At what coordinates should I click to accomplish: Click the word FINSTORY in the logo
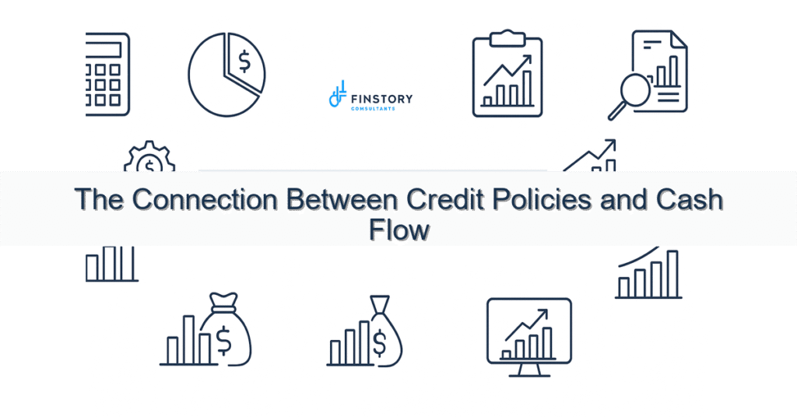click(x=381, y=98)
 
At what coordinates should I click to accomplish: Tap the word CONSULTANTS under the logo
click(x=373, y=109)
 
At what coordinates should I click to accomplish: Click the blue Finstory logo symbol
click(x=337, y=96)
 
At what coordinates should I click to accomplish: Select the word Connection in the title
click(x=204, y=200)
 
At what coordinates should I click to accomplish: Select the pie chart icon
click(x=226, y=75)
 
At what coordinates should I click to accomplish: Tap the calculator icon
click(x=108, y=75)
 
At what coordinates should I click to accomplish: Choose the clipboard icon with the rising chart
click(x=507, y=75)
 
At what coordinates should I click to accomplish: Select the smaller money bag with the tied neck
click(x=382, y=331)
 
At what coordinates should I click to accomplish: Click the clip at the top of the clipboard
click(x=507, y=36)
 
